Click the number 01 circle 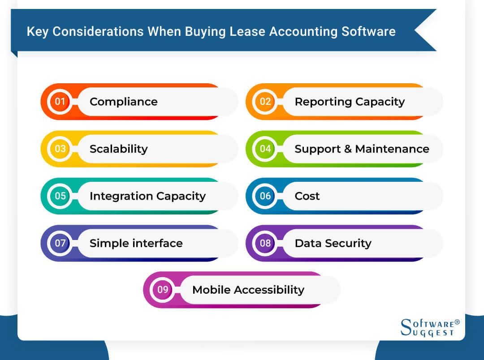[x=60, y=102]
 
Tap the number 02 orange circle [x=265, y=102]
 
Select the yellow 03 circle [x=60, y=149]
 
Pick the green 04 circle [x=265, y=149]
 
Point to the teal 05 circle [x=60, y=196]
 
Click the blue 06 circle [x=265, y=196]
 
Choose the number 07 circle [x=60, y=243]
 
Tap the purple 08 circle [x=265, y=243]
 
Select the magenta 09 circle [x=163, y=290]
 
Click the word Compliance [x=123, y=102]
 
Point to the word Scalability [x=118, y=149]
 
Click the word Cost [x=307, y=196]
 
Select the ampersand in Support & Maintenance [x=348, y=149]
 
